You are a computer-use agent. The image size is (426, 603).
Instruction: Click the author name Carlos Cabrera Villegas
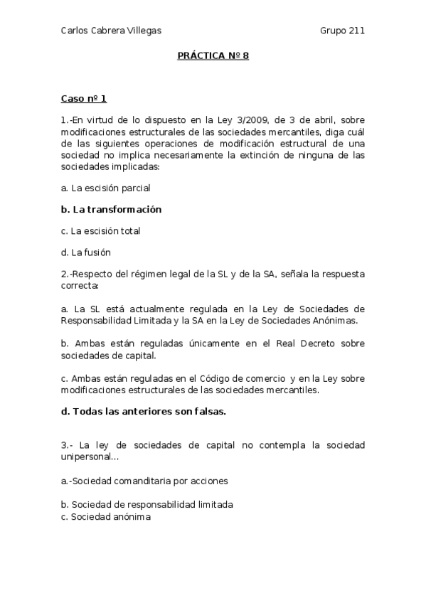pos(111,30)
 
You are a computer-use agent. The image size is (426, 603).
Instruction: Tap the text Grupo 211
pos(342,30)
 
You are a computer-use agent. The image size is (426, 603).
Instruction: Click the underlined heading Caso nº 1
pos(83,99)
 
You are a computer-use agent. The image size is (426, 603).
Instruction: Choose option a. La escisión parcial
pos(105,188)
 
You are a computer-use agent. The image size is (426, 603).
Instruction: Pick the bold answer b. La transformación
pos(112,209)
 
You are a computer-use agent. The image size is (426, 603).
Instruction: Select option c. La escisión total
pos(100,230)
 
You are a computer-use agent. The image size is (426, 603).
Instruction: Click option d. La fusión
pos(86,252)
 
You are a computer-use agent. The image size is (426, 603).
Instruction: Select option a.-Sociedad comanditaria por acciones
pos(144,481)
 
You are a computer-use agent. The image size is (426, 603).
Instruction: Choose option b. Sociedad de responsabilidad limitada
pos(147,504)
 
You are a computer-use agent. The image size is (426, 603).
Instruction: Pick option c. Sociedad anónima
pos(106,517)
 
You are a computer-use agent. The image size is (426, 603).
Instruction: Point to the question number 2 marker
pos(65,274)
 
